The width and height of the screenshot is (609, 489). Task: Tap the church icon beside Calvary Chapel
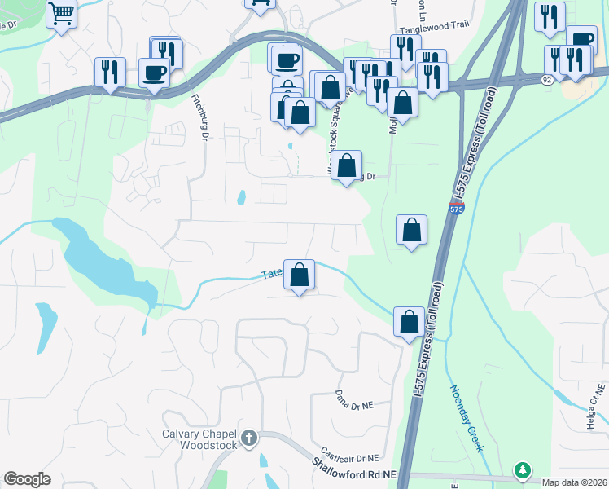(249, 439)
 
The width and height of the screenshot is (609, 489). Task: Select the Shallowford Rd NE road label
(353, 468)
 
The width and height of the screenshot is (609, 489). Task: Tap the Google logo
(27, 479)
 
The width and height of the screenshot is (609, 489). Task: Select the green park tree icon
(522, 470)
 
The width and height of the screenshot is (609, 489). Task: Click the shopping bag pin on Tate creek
(300, 275)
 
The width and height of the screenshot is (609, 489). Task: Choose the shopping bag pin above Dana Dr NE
(409, 322)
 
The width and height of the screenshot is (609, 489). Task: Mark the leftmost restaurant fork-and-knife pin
(109, 73)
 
